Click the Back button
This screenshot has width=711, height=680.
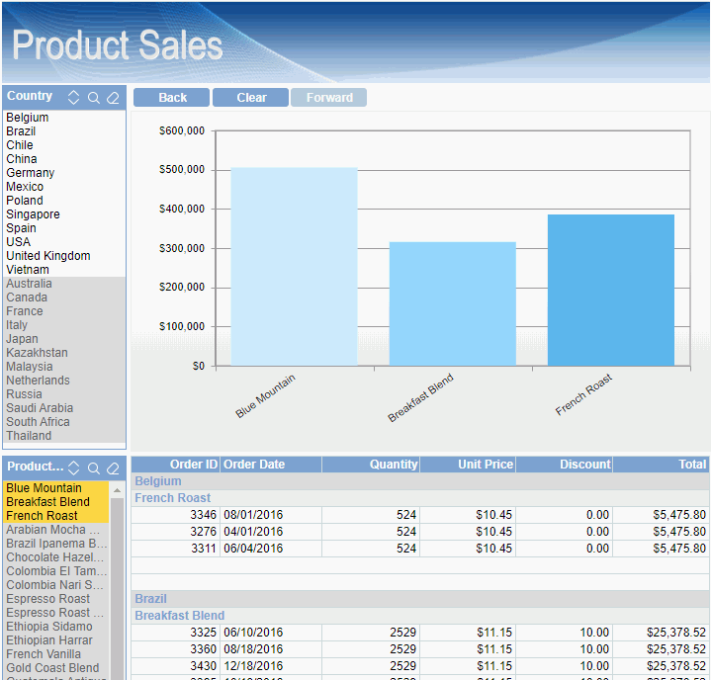point(172,98)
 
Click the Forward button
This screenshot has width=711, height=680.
point(329,98)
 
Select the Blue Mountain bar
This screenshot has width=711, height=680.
point(294,267)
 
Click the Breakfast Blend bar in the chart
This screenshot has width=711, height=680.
point(452,303)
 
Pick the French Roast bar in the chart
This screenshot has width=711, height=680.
point(610,290)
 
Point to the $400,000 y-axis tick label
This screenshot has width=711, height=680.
point(182,210)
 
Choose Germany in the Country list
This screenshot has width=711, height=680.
point(31,173)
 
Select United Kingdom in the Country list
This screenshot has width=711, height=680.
point(48,256)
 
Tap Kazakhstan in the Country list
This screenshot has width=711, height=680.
point(38,353)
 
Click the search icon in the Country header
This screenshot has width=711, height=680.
point(94,98)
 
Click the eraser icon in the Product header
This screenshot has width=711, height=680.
point(113,467)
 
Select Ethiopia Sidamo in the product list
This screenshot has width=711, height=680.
point(49,627)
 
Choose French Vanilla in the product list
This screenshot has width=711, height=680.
point(43,654)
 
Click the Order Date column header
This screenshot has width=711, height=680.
point(254,465)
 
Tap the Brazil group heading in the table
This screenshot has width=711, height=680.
point(150,599)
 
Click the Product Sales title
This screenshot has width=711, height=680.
point(118,45)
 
